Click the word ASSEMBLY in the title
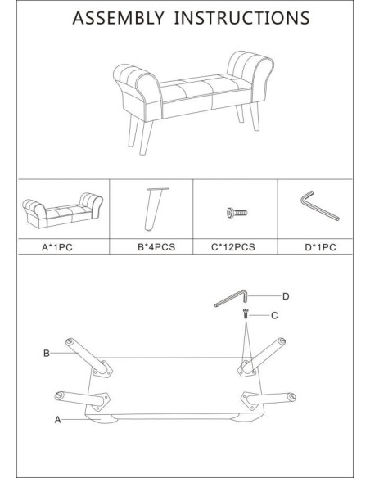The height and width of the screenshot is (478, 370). (118, 18)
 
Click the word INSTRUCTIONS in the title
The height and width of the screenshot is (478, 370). (242, 18)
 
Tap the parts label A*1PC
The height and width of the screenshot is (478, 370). (57, 247)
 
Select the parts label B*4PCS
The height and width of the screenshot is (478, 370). (156, 247)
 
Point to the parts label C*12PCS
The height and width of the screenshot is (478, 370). (233, 247)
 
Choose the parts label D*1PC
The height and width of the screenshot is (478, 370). (321, 247)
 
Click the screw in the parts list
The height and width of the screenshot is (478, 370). (237, 213)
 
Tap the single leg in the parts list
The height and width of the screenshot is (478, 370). (153, 210)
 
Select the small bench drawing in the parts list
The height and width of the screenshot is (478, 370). (62, 210)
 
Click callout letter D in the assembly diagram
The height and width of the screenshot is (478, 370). (286, 296)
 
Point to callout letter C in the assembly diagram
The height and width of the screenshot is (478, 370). (274, 315)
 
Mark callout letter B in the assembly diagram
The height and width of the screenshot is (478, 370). (47, 354)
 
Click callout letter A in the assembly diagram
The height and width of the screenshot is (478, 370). (57, 420)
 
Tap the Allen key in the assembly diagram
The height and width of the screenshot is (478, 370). (232, 298)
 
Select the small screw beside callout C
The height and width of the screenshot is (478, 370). (246, 313)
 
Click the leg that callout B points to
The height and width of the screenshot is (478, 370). (88, 357)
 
